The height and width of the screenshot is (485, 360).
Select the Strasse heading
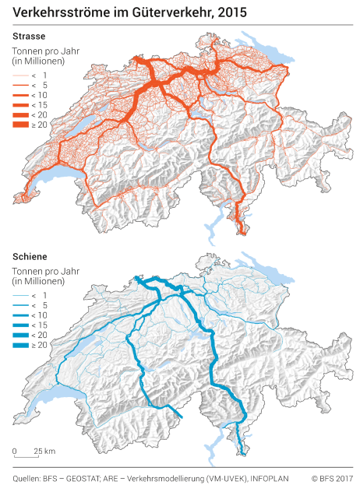point(28,36)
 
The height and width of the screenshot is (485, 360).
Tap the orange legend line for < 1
point(21,76)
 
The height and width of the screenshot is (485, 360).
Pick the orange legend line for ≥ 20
point(21,125)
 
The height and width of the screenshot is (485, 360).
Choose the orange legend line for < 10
point(21,95)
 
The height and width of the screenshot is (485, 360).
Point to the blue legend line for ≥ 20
point(21,345)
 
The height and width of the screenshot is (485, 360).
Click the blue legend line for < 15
point(21,325)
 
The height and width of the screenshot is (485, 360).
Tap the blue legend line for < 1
point(21,295)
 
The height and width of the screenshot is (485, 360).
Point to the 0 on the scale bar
point(14,452)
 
